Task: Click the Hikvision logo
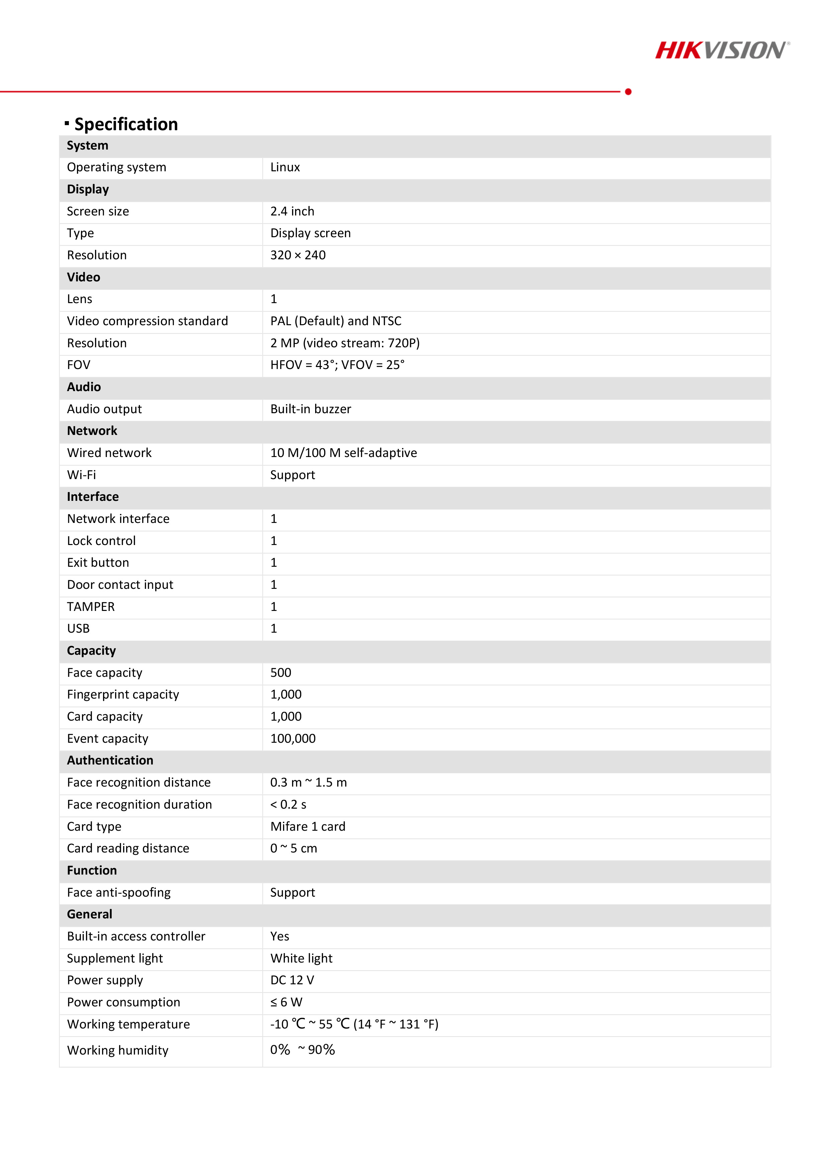tap(722, 50)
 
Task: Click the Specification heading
tap(126, 124)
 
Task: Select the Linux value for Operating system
tap(285, 167)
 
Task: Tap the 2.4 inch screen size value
tap(292, 211)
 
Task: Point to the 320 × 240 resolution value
tap(298, 255)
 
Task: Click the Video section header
tap(83, 277)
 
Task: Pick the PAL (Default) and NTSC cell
tap(336, 321)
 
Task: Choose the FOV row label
tap(78, 365)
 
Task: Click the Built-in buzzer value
tap(310, 409)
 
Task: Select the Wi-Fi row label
tap(81, 475)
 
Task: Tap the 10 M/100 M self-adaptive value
tap(343, 453)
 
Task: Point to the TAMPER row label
tap(91, 607)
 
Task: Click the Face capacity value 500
tap(280, 673)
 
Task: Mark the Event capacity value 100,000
tap(292, 739)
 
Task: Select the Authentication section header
tap(110, 761)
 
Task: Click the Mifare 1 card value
tap(307, 827)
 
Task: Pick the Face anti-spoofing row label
tap(119, 893)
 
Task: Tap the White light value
tap(301, 959)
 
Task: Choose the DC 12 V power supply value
tap(292, 980)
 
